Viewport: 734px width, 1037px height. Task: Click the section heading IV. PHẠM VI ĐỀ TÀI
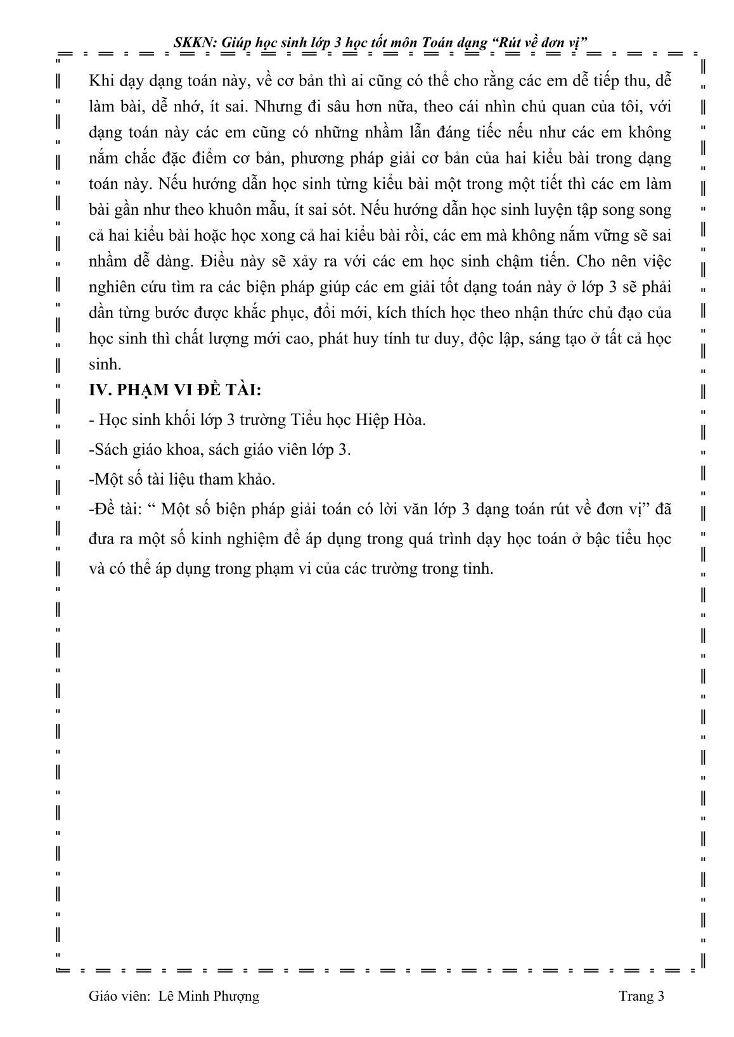pos(176,391)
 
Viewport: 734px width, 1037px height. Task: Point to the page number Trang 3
pos(641,996)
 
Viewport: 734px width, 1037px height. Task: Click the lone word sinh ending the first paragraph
pos(104,364)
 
